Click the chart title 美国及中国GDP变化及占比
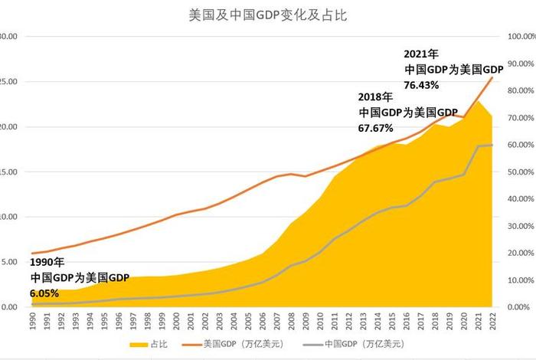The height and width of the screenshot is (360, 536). click(267, 15)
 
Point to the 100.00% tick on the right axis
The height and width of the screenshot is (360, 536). click(518, 37)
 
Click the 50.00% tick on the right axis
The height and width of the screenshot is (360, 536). click(518, 172)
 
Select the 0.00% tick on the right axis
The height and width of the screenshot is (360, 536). click(518, 307)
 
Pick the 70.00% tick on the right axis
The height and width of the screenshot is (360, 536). click(518, 118)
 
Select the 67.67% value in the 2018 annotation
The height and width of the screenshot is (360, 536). click(376, 127)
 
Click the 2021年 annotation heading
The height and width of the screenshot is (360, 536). click(421, 54)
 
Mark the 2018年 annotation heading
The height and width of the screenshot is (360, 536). click(375, 97)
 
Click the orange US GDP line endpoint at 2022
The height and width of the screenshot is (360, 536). click(492, 77)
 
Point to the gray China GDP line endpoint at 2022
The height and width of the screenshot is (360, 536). click(492, 145)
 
